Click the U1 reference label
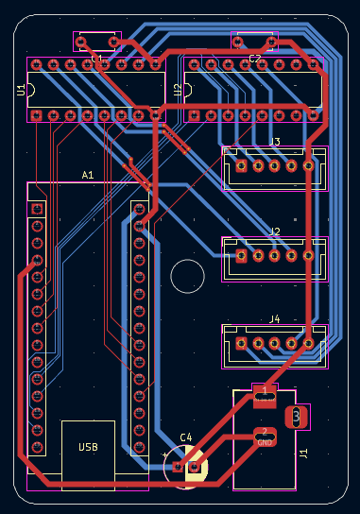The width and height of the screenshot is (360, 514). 21,90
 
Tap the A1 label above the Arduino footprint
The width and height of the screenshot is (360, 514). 88,175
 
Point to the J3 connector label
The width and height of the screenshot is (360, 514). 275,143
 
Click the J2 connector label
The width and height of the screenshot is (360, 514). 275,231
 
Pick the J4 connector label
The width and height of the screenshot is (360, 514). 275,319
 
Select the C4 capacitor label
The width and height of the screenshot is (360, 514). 186,437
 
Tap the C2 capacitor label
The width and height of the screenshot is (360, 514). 255,59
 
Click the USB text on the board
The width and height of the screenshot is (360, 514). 88,447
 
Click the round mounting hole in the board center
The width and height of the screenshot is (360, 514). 187,277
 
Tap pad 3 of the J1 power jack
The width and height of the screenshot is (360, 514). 298,416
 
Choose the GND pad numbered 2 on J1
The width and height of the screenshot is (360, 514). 265,437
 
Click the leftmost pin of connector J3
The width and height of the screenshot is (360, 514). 241,166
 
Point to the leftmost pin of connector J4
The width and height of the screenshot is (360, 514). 241,343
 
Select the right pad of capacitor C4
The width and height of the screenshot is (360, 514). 195,466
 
